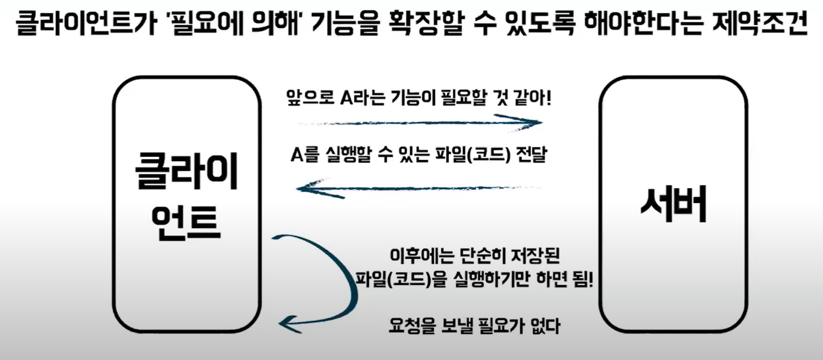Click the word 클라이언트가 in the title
(85, 23)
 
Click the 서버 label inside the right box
(674, 205)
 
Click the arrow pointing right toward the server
(422, 122)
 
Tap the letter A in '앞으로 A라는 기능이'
(346, 97)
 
